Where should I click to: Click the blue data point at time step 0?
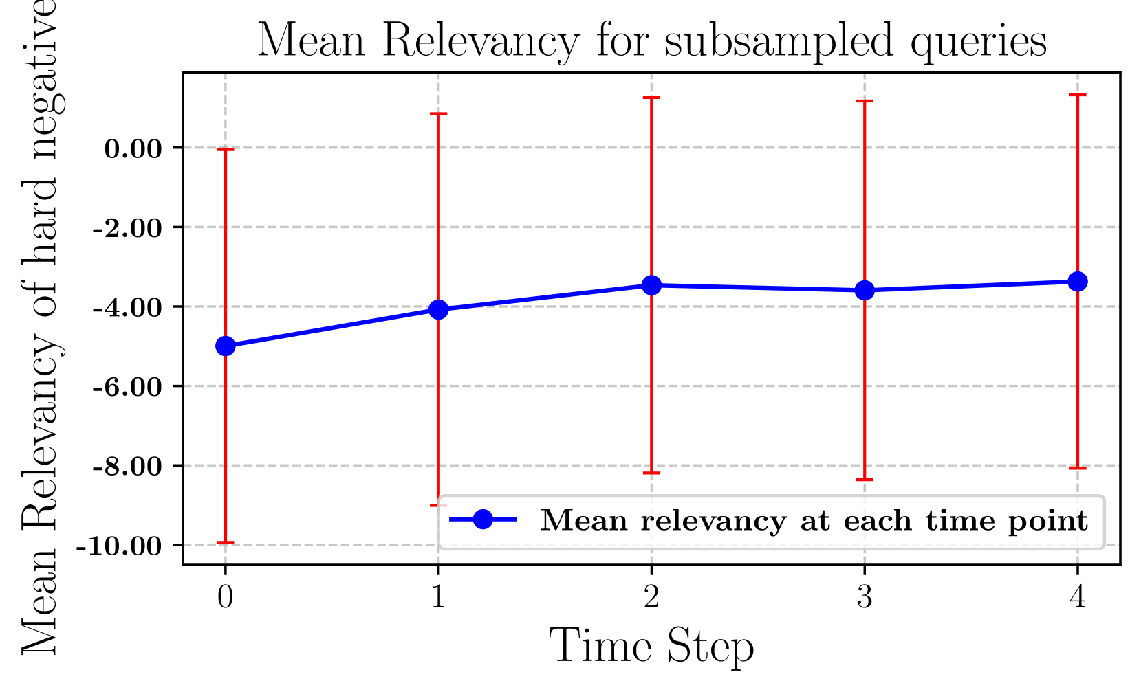225,346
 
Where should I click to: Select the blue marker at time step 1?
438,310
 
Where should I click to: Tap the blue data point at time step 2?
651,285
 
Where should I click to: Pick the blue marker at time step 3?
865,291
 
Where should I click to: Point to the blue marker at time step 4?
1078,281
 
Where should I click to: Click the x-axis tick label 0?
225,597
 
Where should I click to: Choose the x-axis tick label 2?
651,597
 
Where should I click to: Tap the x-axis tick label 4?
1078,597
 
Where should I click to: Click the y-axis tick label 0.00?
133,148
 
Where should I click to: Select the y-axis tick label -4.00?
128,307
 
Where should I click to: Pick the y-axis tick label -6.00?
128,387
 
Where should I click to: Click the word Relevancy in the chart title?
481,41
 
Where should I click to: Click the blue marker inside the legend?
483,520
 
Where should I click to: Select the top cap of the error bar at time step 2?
651,98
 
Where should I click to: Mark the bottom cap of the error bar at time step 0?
225,542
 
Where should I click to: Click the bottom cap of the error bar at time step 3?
865,479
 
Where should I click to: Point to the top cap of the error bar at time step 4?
1078,95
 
